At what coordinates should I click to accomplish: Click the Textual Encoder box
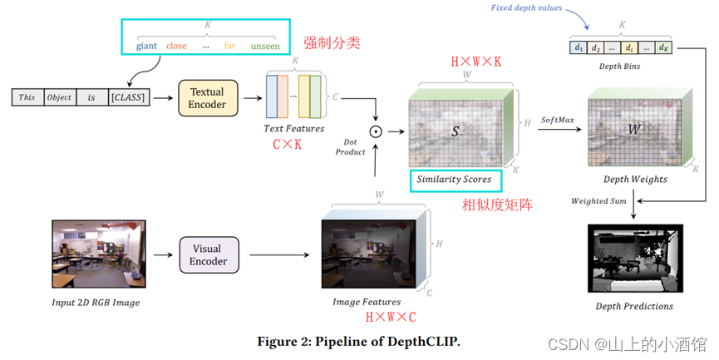coord(207,97)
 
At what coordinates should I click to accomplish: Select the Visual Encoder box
coord(208,254)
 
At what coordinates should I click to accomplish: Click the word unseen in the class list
coord(265,46)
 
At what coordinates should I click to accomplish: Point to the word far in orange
coord(229,46)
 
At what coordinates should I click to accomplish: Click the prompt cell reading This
coord(27,97)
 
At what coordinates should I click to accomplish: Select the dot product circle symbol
coord(375,131)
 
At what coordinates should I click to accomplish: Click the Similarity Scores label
coord(455,179)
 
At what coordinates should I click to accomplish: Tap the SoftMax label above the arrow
coord(557,121)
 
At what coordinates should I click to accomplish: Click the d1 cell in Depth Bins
coord(579,48)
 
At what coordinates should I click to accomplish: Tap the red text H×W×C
coord(390,317)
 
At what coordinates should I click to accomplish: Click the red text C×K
coord(288,144)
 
